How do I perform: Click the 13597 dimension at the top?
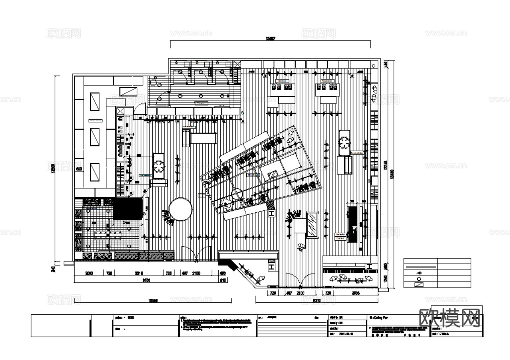[x=270, y=39]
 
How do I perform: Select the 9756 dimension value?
[x=146, y=280]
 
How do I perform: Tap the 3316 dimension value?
[x=139, y=273]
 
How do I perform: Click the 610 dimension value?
[x=223, y=280]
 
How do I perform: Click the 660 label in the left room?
[x=79, y=169]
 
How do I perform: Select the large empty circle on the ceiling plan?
[x=180, y=209]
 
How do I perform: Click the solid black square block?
[x=128, y=208]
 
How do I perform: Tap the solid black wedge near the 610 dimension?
[x=228, y=263]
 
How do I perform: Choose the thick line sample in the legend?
[x=421, y=267]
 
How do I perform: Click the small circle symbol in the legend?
[x=419, y=279]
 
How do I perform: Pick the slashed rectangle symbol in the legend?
[x=419, y=285]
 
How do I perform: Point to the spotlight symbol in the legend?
[x=419, y=273]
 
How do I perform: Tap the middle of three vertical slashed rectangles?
[x=95, y=137]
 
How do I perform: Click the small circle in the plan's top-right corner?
[x=373, y=64]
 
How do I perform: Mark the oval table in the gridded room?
[x=108, y=235]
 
